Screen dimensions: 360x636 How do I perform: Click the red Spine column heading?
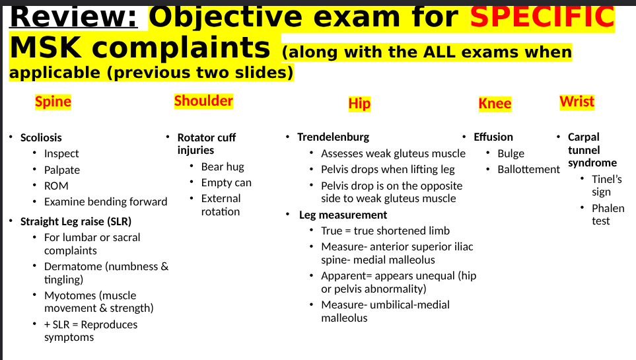pos(53,102)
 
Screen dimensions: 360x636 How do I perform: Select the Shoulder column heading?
pos(203,101)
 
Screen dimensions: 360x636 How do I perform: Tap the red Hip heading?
pos(359,104)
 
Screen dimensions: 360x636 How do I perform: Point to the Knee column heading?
pos(495,104)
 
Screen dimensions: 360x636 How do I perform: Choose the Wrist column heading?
pos(577,102)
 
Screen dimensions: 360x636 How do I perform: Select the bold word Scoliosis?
pos(41,137)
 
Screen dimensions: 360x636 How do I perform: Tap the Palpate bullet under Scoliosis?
pos(62,170)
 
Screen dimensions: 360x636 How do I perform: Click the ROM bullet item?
pos(56,186)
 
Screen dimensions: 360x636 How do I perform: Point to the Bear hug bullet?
pos(223,166)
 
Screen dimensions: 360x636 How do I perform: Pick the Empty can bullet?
pos(226,182)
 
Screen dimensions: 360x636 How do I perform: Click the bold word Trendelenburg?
pos(333,137)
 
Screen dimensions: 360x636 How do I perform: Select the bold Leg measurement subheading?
pos(343,215)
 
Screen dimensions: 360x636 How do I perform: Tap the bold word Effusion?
pos(493,137)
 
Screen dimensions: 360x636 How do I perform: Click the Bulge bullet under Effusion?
pos(511,153)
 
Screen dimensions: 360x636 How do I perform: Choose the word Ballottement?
pos(528,169)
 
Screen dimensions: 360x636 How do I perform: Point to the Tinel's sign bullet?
pos(606,185)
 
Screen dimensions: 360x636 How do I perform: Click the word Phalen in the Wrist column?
pos(608,208)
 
